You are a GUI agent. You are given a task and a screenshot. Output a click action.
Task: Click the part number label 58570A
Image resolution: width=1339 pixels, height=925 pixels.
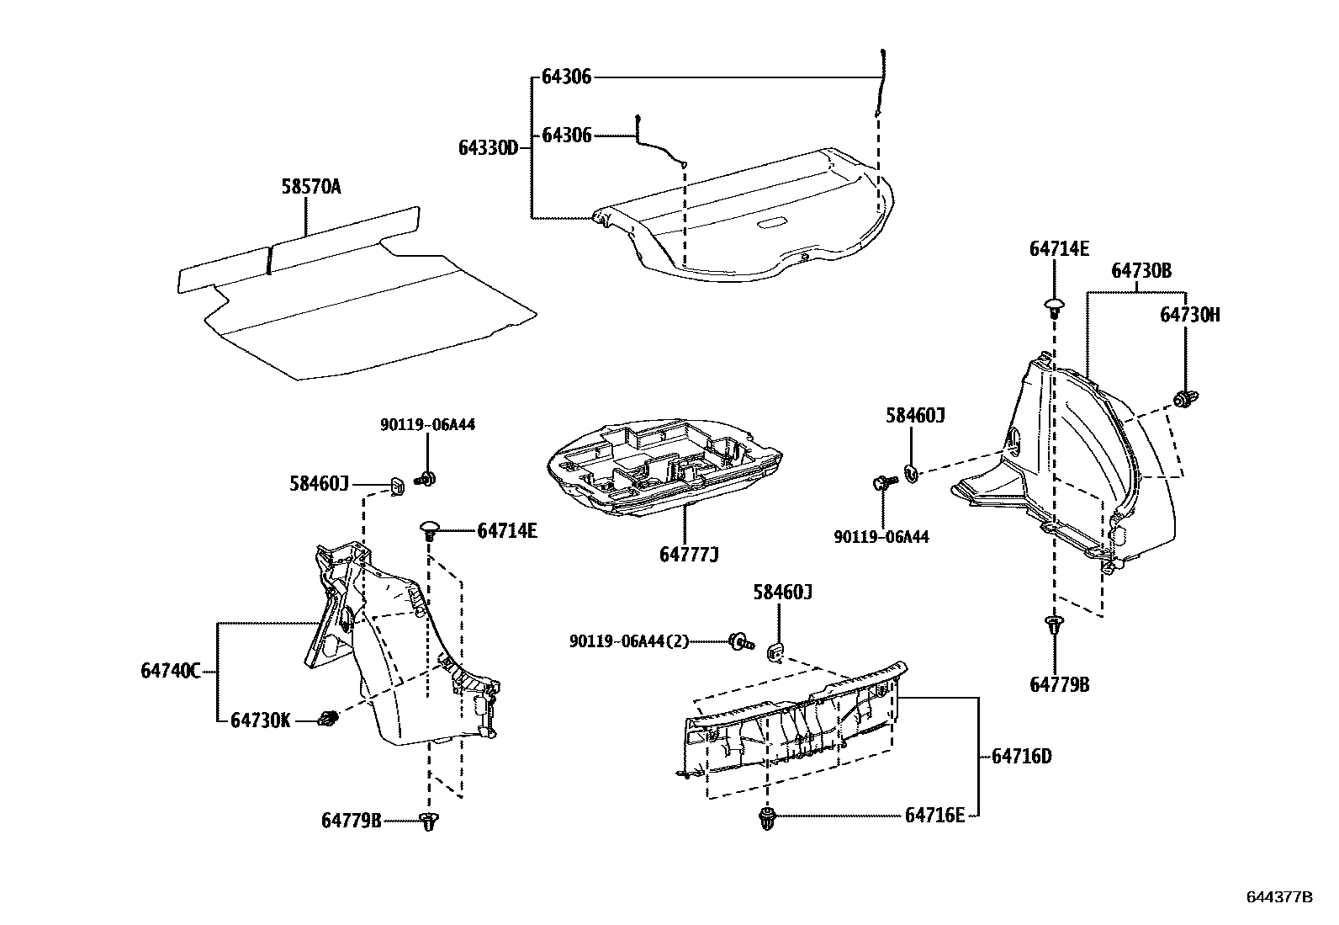pyautogui.click(x=310, y=186)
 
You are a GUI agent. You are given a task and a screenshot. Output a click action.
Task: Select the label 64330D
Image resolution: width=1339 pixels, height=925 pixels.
pyautogui.click(x=488, y=147)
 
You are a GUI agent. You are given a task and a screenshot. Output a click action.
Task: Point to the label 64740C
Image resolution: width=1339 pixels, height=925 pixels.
pyautogui.click(x=171, y=671)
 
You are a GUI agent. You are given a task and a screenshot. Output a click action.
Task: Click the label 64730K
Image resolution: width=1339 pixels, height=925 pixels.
pyautogui.click(x=261, y=720)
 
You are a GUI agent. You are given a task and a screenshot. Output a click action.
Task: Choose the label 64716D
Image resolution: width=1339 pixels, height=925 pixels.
pyautogui.click(x=1021, y=756)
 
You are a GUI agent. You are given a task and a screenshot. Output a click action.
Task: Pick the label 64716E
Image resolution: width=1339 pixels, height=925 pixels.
pyautogui.click(x=934, y=815)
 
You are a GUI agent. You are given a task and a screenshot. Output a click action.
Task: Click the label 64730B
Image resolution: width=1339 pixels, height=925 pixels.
pyautogui.click(x=1141, y=270)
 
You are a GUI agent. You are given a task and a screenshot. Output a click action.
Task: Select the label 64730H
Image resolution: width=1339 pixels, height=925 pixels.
pyautogui.click(x=1189, y=314)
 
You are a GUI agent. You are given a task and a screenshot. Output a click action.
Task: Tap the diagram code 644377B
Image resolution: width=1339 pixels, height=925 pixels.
pyautogui.click(x=1278, y=897)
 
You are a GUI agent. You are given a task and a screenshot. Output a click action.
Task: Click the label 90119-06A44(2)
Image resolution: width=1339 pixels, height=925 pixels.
pyautogui.click(x=628, y=641)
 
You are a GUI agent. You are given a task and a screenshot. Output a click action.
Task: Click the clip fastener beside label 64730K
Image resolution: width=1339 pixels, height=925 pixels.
pyautogui.click(x=328, y=720)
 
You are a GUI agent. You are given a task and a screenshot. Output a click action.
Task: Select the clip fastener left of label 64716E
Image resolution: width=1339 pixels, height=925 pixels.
pyautogui.click(x=767, y=817)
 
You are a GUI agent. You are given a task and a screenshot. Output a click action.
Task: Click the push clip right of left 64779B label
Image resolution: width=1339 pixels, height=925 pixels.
pyautogui.click(x=430, y=821)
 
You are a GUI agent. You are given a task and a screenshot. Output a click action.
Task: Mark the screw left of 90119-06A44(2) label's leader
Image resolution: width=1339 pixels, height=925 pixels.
pyautogui.click(x=740, y=641)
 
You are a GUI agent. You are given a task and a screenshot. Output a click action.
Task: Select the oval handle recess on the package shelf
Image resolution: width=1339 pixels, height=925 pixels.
pyautogui.click(x=772, y=223)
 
